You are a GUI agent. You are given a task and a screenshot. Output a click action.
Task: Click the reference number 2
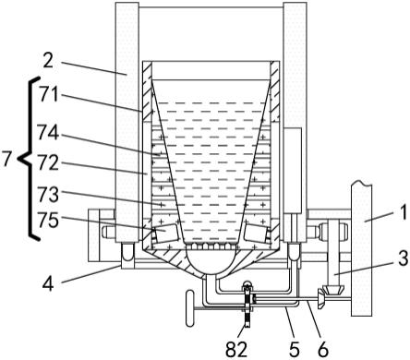click(x=48, y=62)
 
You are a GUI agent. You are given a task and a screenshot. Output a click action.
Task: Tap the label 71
click(x=49, y=94)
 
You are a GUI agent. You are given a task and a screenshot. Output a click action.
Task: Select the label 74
click(x=48, y=133)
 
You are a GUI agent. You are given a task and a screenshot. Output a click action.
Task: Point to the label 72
click(x=48, y=162)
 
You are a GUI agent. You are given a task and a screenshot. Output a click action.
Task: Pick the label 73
click(x=48, y=195)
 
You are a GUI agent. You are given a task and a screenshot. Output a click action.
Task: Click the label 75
click(x=48, y=221)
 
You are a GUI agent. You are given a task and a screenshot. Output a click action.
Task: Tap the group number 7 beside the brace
click(x=6, y=159)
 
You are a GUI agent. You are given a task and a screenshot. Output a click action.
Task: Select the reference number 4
click(x=48, y=283)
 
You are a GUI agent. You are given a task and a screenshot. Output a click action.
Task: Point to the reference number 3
click(x=403, y=258)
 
